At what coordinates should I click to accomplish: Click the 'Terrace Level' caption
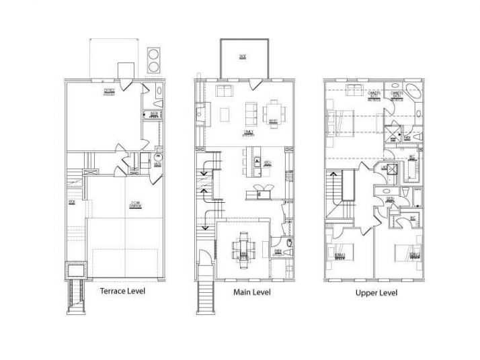click(122, 291)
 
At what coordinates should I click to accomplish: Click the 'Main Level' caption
click(252, 292)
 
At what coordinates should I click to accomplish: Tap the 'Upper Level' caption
click(376, 293)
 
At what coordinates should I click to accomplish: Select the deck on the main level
click(244, 59)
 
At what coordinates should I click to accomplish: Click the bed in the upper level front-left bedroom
click(339, 253)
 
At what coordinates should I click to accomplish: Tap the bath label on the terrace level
click(154, 115)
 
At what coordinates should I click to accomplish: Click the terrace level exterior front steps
click(75, 296)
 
